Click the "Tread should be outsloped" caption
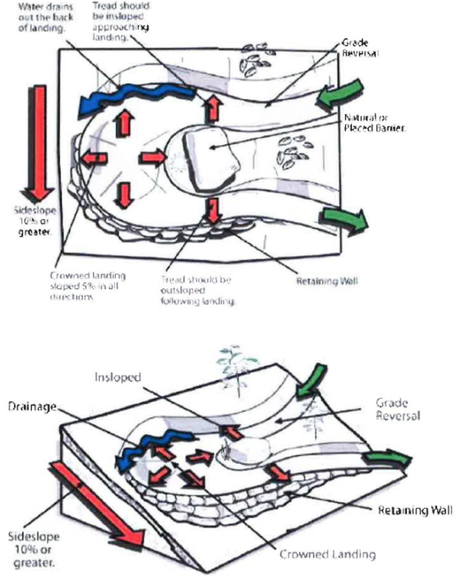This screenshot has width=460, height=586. tap(197, 291)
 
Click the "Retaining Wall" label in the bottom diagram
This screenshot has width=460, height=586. tap(416, 509)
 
